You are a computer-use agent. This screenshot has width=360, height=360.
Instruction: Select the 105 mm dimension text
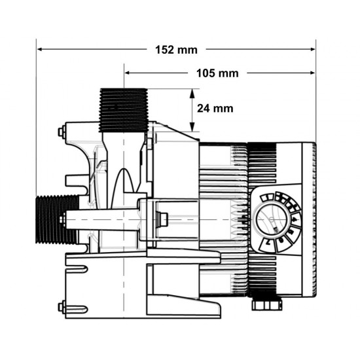coord(218,73)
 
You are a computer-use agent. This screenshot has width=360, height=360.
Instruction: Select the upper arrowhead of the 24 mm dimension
coord(192,92)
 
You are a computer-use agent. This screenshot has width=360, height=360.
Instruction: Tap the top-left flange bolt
coord(61,133)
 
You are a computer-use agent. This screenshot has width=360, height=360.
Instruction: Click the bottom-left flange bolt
coord(61,306)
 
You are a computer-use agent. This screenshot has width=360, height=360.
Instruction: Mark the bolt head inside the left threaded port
coord(62,218)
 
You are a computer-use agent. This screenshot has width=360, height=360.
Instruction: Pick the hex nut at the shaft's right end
coord(164,218)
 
